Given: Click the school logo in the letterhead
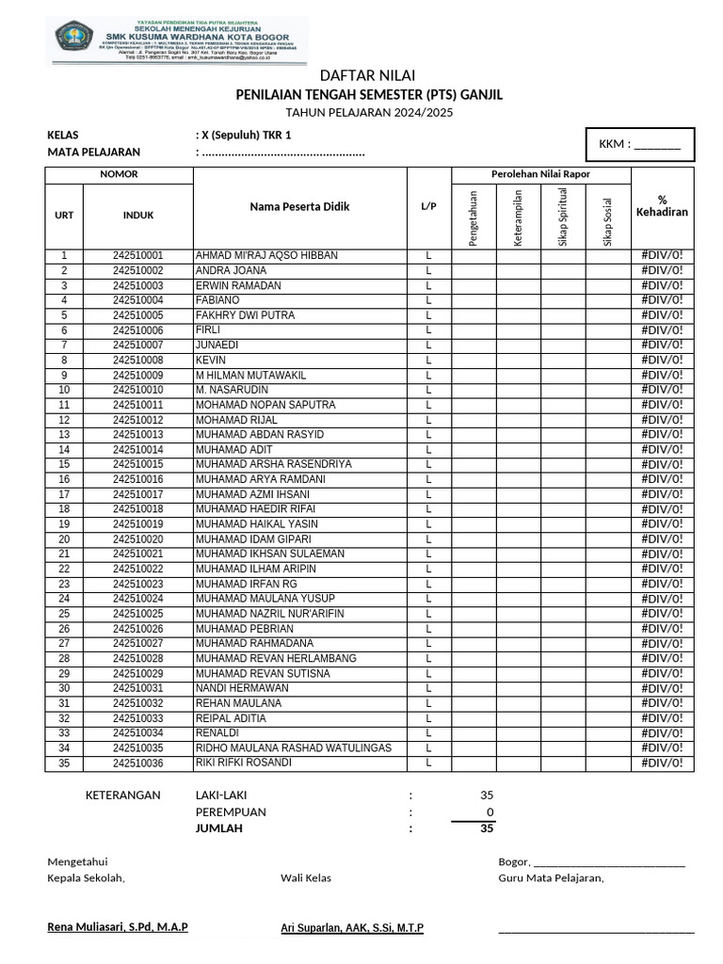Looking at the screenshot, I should point(72,39).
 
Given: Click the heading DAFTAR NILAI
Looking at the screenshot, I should point(367,75).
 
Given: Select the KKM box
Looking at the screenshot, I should point(640,144).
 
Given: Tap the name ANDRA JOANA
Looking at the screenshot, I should point(231,271).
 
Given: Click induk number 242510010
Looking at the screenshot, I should point(137,390).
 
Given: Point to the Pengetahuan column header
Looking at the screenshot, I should point(474,217).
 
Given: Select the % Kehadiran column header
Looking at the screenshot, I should point(662,206).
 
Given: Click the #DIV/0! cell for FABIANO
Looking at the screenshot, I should point(662,300).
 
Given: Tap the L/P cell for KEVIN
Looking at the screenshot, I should point(428,361).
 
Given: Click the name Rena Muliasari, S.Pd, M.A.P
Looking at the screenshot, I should point(118,927).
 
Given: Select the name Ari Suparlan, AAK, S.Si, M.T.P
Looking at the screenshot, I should point(352,928).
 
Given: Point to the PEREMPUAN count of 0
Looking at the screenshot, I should point(488,812).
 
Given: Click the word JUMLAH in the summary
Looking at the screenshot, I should point(218,829).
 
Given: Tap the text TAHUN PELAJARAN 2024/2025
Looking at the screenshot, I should point(367,112).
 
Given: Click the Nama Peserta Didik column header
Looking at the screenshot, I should point(299,206).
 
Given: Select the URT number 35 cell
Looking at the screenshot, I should point(64,763).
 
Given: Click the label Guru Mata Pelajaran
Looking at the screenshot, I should point(551,878).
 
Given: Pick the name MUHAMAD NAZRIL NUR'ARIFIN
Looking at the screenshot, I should point(269,614).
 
